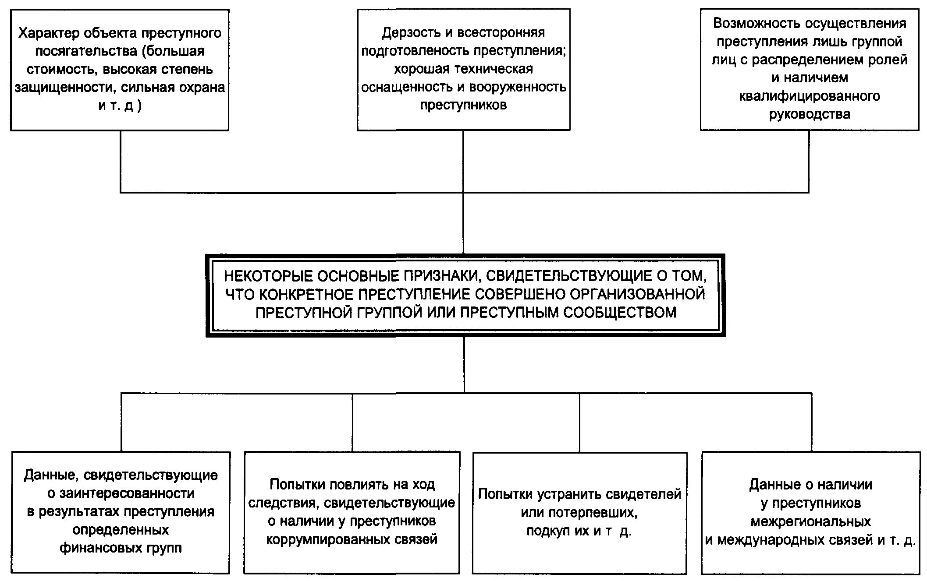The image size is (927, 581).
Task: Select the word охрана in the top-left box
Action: [x=200, y=88]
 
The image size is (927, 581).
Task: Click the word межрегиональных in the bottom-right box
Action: [x=810, y=522]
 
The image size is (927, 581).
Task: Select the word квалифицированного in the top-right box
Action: [x=810, y=96]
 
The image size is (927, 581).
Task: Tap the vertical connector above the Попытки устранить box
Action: [x=579, y=423]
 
